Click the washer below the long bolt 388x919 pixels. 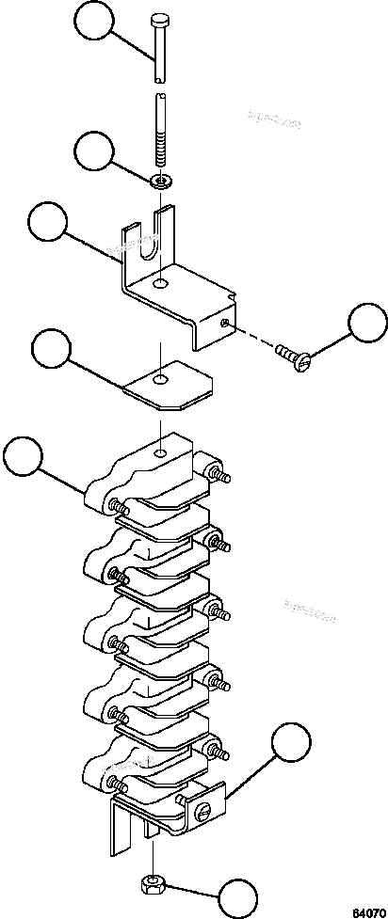(162, 179)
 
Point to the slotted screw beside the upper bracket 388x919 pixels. (289, 356)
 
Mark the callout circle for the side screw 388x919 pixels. (368, 324)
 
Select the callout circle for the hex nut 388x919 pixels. (240, 896)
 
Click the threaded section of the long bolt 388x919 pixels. (161, 146)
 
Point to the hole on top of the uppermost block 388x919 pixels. (163, 454)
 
